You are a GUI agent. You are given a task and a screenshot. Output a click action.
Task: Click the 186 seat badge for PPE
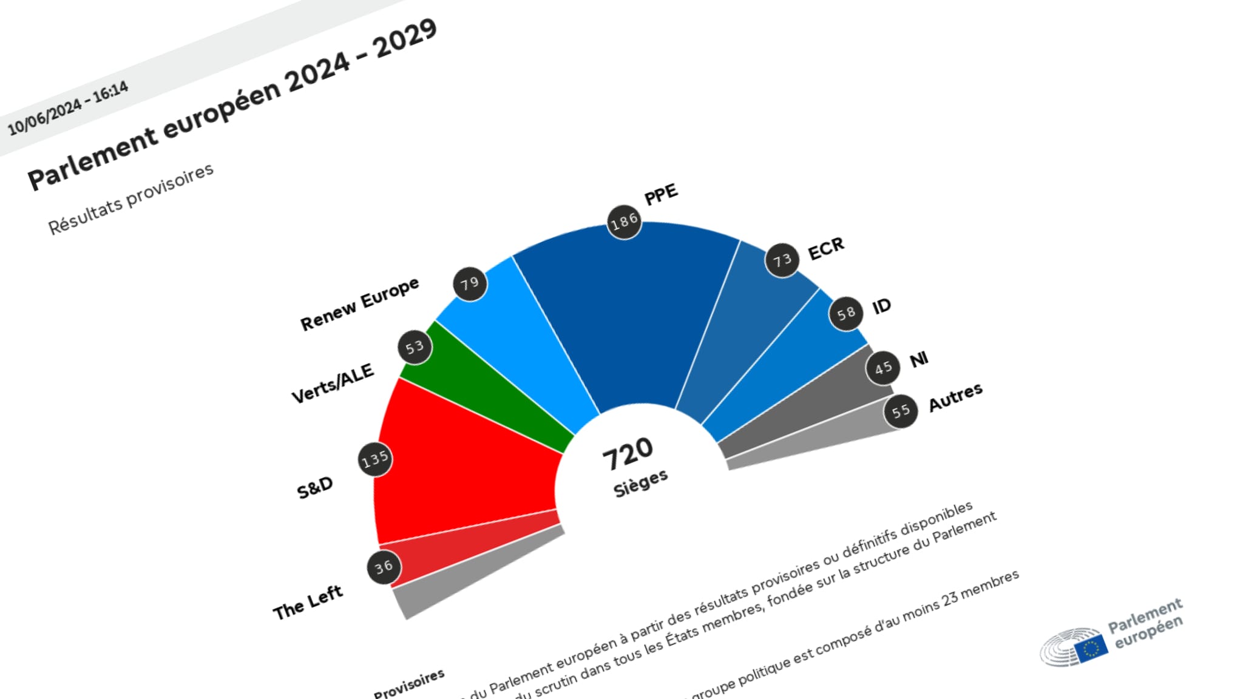(624, 222)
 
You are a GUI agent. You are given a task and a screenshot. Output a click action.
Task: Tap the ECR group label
(826, 248)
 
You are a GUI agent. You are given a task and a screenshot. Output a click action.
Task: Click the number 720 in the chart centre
(628, 453)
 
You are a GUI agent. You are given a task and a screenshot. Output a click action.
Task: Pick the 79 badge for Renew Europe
(470, 283)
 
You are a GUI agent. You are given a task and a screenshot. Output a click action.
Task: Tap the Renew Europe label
(359, 303)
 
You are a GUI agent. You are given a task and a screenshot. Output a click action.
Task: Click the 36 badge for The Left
(384, 567)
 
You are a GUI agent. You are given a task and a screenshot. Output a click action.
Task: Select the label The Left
(308, 602)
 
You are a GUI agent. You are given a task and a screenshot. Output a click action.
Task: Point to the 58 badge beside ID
(846, 314)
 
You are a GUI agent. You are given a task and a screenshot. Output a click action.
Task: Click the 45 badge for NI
(883, 368)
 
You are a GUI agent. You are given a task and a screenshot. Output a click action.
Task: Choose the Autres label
(955, 397)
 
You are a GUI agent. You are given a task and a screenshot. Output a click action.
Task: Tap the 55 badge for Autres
(901, 411)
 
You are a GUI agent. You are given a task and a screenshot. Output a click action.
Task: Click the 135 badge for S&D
(374, 459)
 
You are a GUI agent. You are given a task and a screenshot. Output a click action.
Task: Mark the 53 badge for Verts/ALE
(415, 348)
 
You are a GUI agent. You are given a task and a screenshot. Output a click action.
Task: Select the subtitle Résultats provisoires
(131, 198)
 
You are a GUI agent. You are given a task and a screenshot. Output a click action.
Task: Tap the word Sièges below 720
(640, 483)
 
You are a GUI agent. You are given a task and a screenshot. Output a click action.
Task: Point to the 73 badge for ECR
(782, 260)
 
